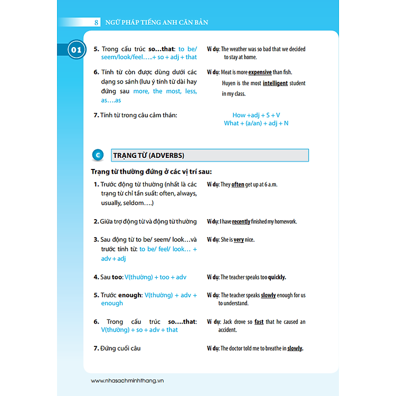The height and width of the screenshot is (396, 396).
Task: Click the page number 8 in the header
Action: (97, 22)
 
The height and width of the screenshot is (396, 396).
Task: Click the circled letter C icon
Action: (98, 155)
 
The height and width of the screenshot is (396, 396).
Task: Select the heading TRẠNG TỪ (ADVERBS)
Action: (148, 155)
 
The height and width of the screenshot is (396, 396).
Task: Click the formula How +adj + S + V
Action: (256, 115)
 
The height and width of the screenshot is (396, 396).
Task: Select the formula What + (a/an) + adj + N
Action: (256, 123)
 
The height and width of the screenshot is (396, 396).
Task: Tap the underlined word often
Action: (238, 185)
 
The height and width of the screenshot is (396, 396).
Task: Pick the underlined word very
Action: (239, 240)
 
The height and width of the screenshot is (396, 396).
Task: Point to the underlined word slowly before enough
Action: (268, 296)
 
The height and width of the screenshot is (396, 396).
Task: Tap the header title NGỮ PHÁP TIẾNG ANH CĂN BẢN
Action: (156, 23)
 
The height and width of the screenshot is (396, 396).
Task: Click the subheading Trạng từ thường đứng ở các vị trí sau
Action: (151, 172)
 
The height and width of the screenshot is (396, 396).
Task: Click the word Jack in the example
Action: (229, 322)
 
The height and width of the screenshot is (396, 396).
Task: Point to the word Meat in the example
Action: (227, 72)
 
